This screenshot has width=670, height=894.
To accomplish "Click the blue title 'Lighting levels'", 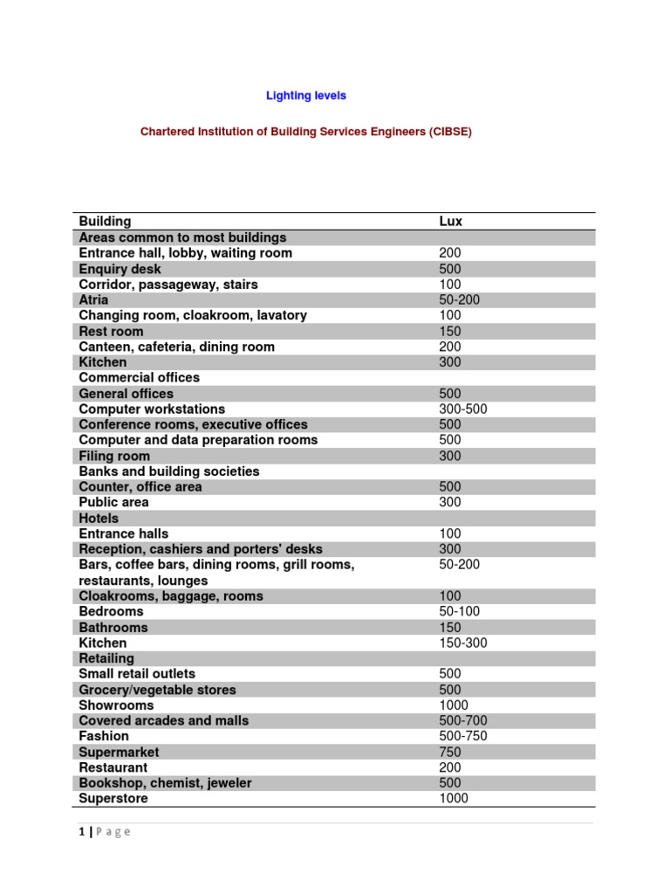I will [305, 95].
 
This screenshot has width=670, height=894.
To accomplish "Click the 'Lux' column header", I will [450, 222].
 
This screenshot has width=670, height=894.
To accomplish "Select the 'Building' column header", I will [105, 222].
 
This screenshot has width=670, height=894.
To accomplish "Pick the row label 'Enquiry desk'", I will [120, 269].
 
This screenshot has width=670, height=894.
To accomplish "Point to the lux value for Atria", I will [459, 300].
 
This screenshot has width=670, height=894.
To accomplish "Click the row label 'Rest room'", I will [111, 332].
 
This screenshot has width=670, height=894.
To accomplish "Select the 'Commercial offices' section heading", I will [139, 378].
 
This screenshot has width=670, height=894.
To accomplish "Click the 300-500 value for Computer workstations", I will [462, 409].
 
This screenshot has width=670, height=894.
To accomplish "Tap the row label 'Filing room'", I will [113, 456].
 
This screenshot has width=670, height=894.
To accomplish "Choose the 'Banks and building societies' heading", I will [169, 471].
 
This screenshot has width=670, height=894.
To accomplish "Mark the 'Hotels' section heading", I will [99, 519].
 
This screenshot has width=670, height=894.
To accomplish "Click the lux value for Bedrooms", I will [459, 612].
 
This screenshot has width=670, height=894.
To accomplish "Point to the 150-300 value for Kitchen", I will [462, 643].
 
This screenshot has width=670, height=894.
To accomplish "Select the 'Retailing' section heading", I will [106, 658].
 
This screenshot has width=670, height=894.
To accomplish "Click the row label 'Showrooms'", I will [116, 705].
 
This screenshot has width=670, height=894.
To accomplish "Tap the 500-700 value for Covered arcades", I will [462, 721].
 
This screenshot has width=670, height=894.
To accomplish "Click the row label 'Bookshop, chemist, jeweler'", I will [165, 783].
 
